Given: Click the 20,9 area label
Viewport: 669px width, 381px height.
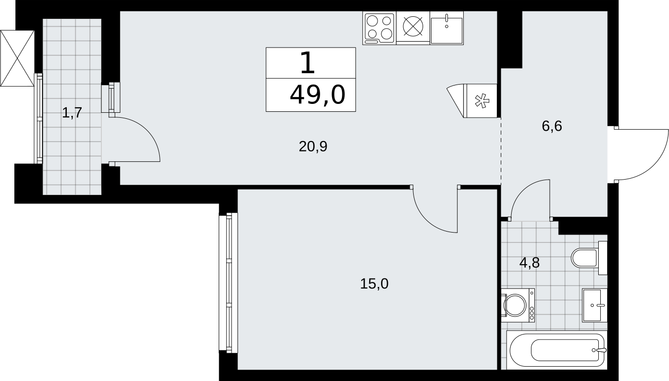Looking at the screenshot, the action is [313, 146].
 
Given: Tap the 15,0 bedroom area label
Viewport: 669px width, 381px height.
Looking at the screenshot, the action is [374, 284].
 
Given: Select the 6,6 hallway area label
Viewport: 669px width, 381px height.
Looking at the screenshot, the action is [552, 126].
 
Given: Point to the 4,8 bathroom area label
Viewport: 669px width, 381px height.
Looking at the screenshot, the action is [529, 263].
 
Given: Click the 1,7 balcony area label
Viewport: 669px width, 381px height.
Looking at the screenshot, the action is [72, 113].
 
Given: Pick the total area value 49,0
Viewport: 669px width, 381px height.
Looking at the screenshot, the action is [318, 95].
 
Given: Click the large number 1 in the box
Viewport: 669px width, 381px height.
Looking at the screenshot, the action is [308, 63].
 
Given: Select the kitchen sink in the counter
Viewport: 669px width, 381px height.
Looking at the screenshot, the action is [447, 28].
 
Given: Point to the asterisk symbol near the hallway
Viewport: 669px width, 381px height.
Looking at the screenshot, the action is [482, 101].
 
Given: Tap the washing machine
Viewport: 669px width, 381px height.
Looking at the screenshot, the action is [518, 305].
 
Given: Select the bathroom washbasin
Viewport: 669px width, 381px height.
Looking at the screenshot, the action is [594, 305].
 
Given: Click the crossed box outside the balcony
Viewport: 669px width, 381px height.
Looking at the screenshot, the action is [17, 58].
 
